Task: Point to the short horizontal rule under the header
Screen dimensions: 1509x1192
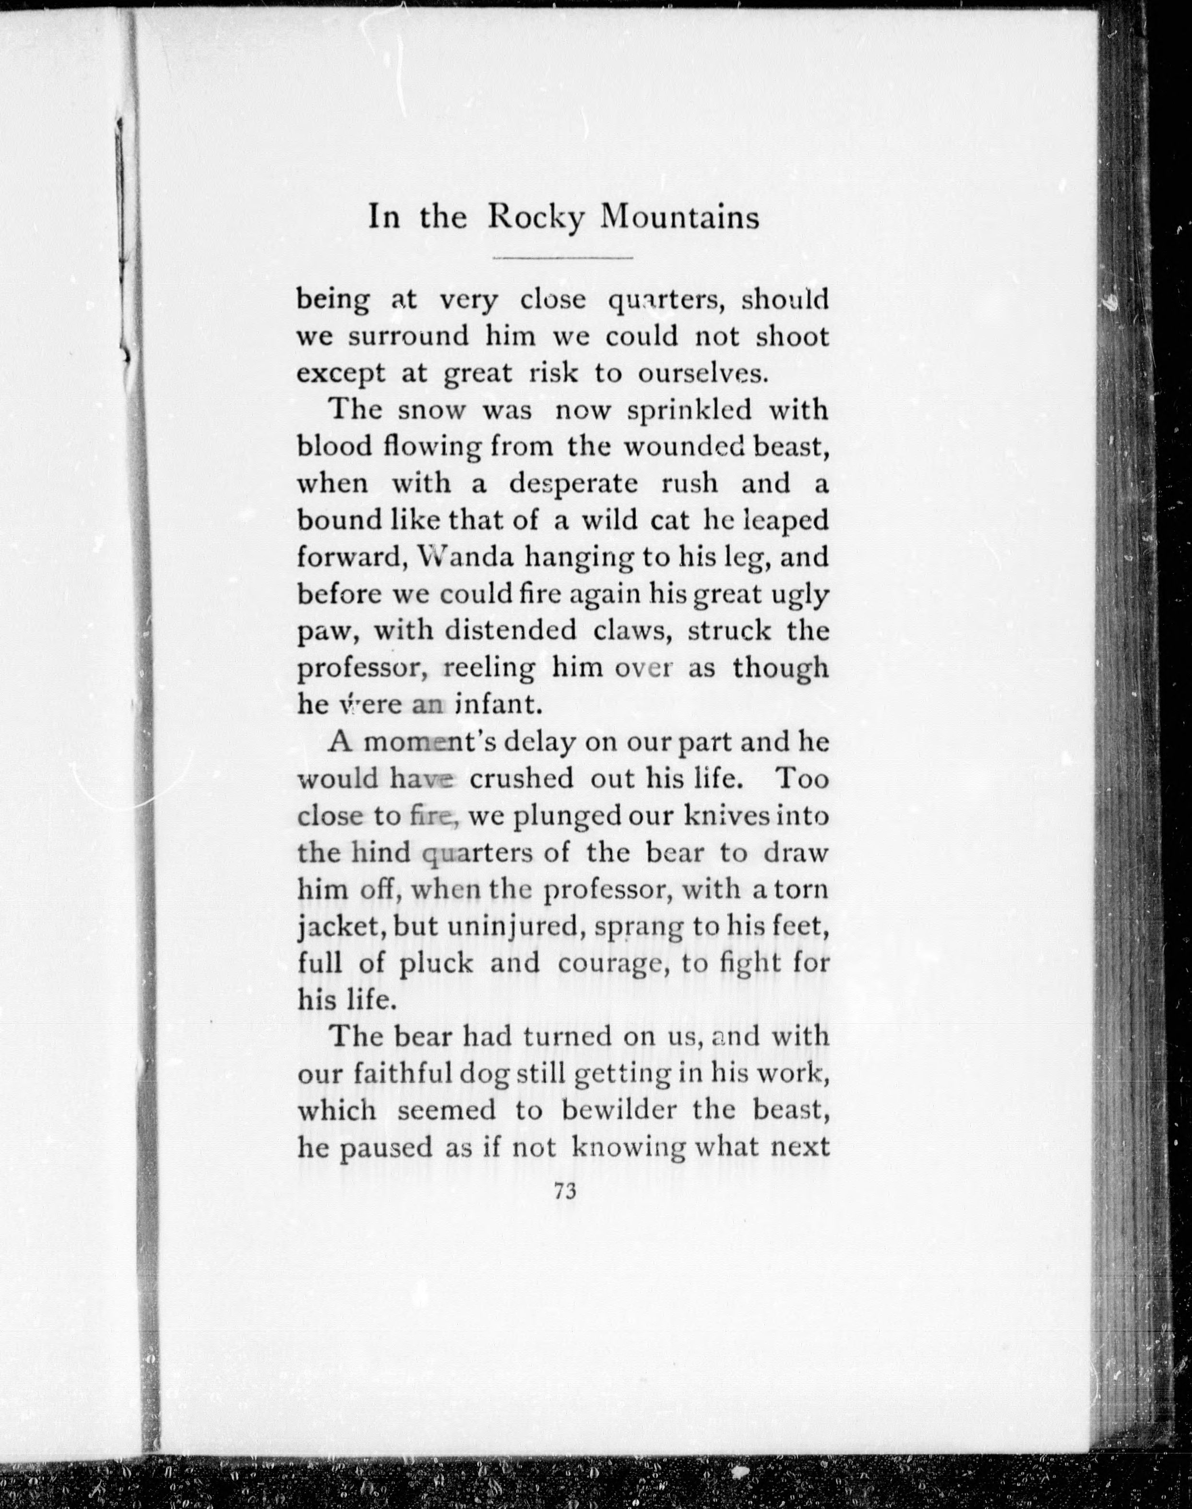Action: [x=562, y=258]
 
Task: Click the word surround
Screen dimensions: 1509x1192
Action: [x=407, y=337]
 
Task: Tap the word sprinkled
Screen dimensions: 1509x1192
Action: [x=689, y=410]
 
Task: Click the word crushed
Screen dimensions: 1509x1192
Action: [x=521, y=778]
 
